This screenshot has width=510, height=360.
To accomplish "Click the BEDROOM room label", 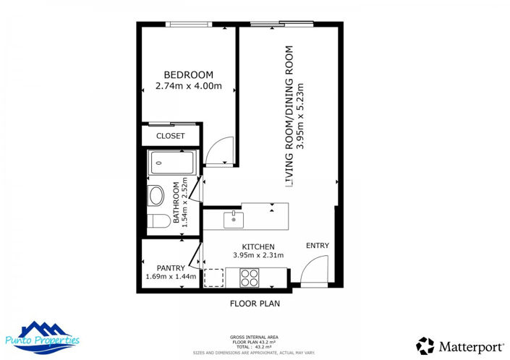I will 188,75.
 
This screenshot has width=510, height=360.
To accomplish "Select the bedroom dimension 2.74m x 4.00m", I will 188,87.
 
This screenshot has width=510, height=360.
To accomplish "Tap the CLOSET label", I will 171,136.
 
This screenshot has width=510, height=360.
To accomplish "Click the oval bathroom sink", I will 156,195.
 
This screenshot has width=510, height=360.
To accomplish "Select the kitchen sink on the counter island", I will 233,217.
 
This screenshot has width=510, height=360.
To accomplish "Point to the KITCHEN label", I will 258,247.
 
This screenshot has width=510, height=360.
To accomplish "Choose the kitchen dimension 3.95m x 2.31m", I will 258,255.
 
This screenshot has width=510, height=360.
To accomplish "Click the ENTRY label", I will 317,246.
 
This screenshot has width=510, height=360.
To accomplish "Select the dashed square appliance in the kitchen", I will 214,277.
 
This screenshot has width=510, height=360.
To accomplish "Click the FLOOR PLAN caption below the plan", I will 255,304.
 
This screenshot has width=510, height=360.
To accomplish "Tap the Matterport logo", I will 455,346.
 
